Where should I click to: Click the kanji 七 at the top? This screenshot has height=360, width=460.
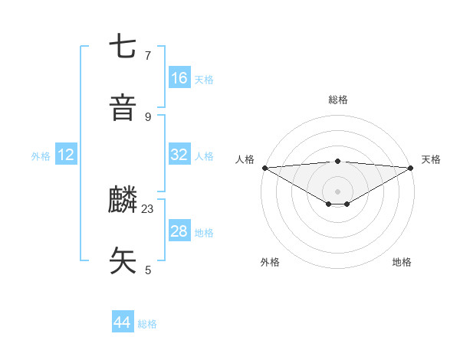pos(123,47)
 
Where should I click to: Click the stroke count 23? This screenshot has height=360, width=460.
pos(148,208)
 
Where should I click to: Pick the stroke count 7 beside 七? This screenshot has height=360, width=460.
pos(148,55)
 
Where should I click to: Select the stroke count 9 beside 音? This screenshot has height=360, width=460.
pos(148,116)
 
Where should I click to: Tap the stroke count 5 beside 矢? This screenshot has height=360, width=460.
pos(148,270)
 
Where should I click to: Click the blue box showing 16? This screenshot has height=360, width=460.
pos(179,78)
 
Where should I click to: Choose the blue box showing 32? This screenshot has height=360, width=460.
pos(179,155)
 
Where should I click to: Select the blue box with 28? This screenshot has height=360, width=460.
pos(179,231)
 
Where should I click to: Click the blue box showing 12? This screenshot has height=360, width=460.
pos(66,155)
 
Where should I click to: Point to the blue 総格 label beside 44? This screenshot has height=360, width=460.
pos(148,324)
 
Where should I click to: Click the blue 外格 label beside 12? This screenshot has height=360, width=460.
pos(41,156)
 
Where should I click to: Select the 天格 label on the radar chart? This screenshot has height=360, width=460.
pos(431,159)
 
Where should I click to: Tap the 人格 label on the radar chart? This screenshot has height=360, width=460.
pos(245,159)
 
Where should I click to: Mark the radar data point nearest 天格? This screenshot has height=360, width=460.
pos(411,168)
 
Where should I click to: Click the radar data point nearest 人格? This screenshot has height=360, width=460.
pos(264,168)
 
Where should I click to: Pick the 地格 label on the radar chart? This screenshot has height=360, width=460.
pos(402,262)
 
